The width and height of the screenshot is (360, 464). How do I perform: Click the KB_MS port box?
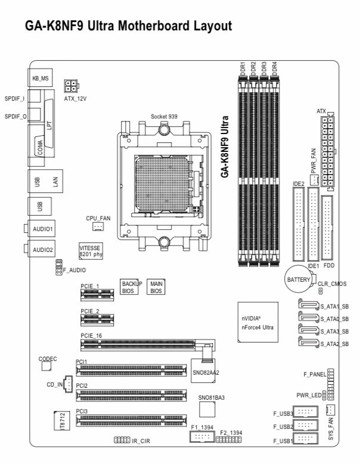(x=40, y=77)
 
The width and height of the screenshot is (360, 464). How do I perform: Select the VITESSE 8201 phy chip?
(x=91, y=250)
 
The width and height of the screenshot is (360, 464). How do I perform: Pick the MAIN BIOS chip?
(x=156, y=288)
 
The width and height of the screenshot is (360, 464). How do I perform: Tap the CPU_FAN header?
(x=98, y=227)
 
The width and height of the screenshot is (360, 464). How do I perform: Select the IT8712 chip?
(x=59, y=421)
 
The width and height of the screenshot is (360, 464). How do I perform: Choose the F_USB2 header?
(x=306, y=426)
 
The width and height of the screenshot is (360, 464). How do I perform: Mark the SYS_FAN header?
(x=331, y=410)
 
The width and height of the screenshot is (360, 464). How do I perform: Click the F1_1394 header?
(x=202, y=437)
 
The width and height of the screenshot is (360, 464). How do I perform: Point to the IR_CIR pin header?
(x=122, y=440)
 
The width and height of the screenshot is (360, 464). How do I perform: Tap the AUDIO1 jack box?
(x=42, y=229)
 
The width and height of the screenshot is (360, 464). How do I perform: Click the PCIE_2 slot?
(x=97, y=319)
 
